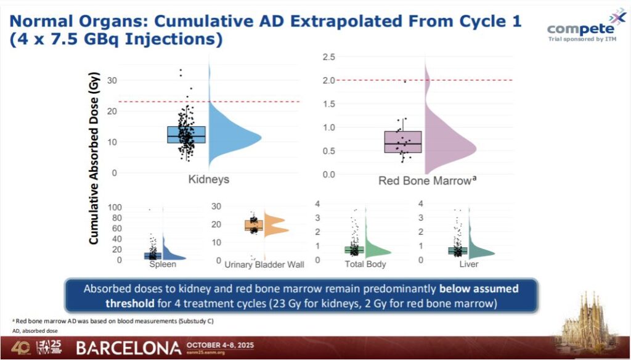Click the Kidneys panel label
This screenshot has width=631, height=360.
(209, 179)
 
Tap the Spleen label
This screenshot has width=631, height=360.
(163, 264)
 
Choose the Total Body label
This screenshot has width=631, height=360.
(365, 264)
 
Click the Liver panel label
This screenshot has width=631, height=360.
(470, 264)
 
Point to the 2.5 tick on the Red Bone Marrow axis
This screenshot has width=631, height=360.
(328, 57)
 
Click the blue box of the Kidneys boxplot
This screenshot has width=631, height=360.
(186, 134)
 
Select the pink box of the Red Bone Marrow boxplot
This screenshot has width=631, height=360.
(402, 142)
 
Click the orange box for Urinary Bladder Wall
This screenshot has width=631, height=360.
(253, 226)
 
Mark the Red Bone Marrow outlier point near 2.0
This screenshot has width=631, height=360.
(405, 82)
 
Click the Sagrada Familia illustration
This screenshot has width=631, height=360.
(590, 321)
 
